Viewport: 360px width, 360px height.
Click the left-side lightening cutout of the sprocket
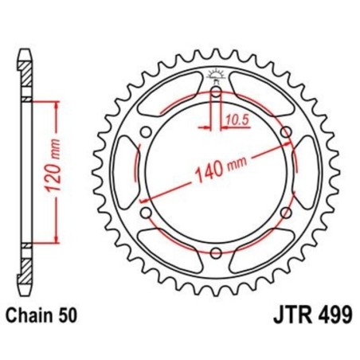[x=127, y=171]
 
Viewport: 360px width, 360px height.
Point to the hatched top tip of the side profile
[x=26, y=68]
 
